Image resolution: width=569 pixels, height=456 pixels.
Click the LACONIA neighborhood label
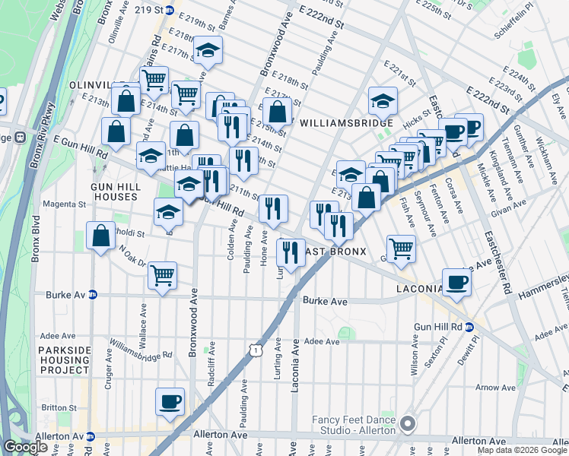coord(418,290)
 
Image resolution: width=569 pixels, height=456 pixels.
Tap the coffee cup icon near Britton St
coord(170,401)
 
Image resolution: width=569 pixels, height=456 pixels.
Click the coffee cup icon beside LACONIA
coord(456,282)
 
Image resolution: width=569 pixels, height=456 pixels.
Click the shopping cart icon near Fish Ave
coord(400,248)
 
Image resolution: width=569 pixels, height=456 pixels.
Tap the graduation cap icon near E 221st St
coord(383,100)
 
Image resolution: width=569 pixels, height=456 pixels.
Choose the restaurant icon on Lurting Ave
coord(290,252)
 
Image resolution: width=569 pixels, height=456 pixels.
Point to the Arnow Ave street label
coord(495,388)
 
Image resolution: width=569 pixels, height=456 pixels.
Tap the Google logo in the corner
coord(25,446)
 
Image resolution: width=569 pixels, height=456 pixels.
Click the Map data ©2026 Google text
coord(522,450)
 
